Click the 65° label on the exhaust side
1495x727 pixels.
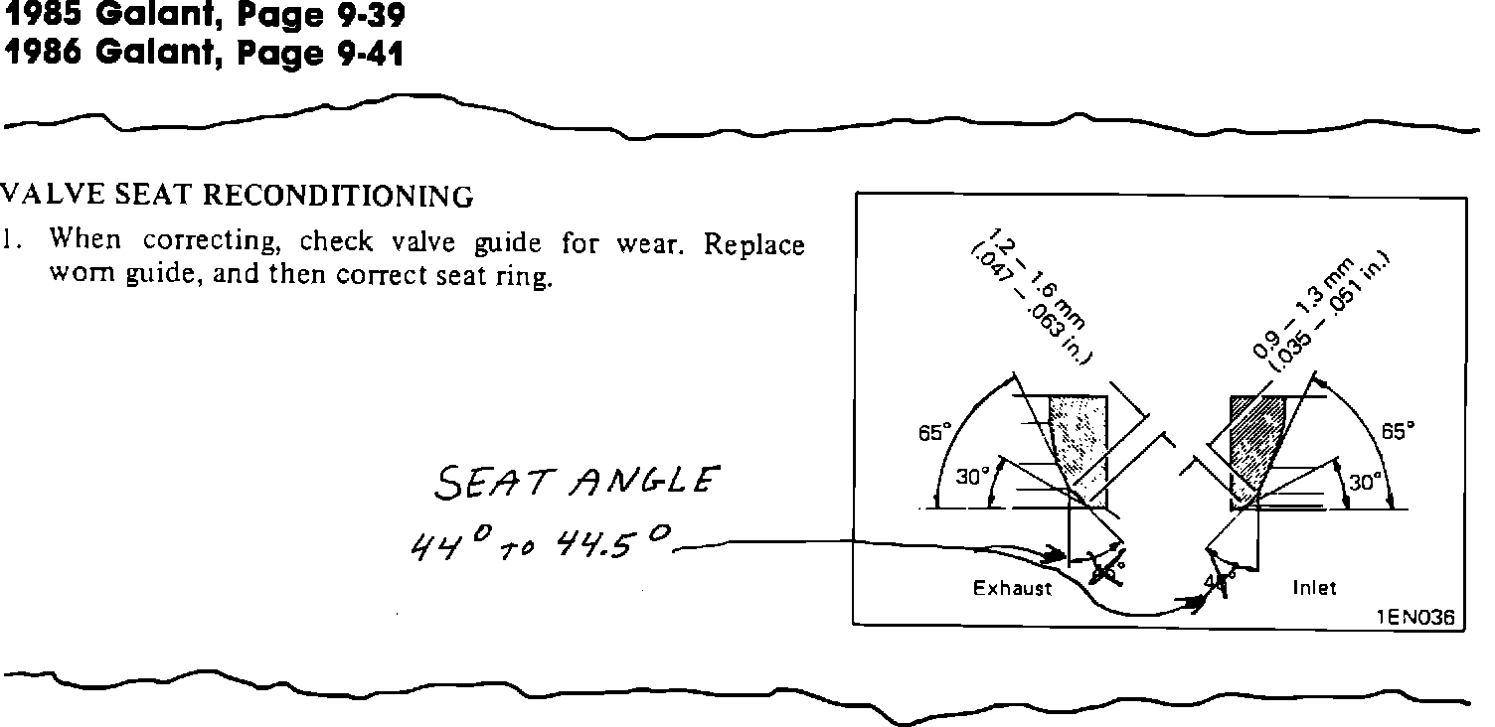click(x=935, y=432)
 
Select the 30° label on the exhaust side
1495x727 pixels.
click(x=969, y=477)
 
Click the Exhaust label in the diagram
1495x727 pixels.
click(x=1012, y=588)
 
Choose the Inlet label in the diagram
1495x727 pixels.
click(x=1314, y=588)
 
